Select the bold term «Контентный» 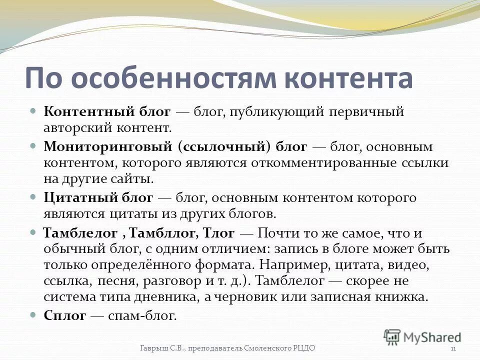click(81, 112)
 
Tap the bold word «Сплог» click(65, 315)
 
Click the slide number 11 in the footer click(453, 348)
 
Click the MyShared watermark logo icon click(392, 336)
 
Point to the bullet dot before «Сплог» click(33, 315)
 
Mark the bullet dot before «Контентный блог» click(33, 112)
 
